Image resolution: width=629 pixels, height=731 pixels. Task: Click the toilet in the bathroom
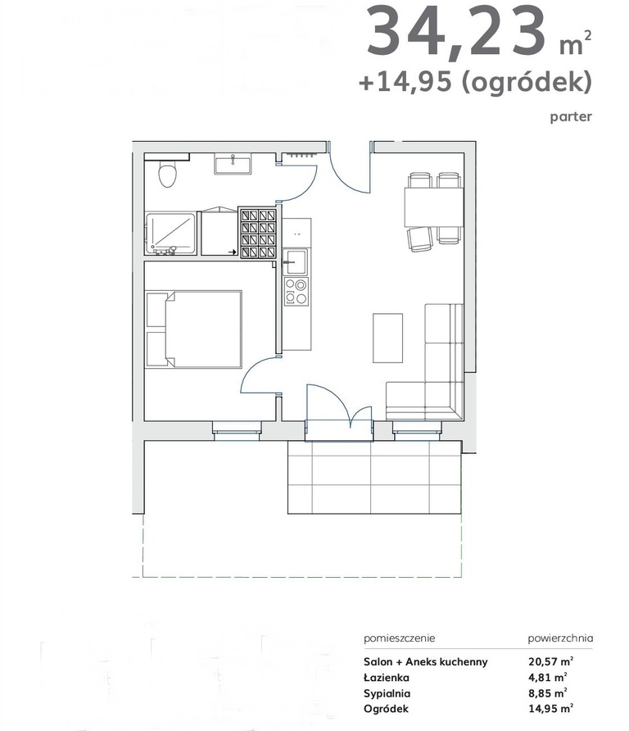(x=167, y=174)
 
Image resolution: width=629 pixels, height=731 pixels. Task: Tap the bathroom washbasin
(x=233, y=165)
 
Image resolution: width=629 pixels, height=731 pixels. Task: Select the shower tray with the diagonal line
(x=170, y=234)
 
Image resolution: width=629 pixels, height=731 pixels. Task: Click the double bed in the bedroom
(x=194, y=329)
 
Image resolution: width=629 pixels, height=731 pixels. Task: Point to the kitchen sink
(x=295, y=261)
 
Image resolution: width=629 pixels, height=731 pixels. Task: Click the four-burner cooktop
(x=296, y=292)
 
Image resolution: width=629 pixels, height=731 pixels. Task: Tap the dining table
(x=433, y=207)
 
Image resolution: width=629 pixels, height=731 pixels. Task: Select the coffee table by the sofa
(x=387, y=338)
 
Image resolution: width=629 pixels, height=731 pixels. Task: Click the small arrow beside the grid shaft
(x=232, y=252)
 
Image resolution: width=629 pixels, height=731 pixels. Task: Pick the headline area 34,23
(x=455, y=32)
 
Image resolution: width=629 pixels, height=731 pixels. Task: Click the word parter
(x=571, y=116)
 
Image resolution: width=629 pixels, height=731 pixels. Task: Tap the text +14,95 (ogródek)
(x=475, y=83)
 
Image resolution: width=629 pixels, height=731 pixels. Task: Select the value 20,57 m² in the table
(x=550, y=661)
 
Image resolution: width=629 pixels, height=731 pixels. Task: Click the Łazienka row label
(x=387, y=678)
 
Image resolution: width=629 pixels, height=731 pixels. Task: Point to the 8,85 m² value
(x=548, y=692)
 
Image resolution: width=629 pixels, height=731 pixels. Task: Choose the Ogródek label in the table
(x=387, y=709)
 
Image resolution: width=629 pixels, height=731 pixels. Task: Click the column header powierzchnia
(x=560, y=638)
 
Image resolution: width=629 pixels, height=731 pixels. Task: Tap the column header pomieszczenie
(x=400, y=638)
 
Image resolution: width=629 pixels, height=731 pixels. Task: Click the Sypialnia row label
(x=387, y=693)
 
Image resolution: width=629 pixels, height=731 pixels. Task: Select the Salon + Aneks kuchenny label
(x=425, y=661)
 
